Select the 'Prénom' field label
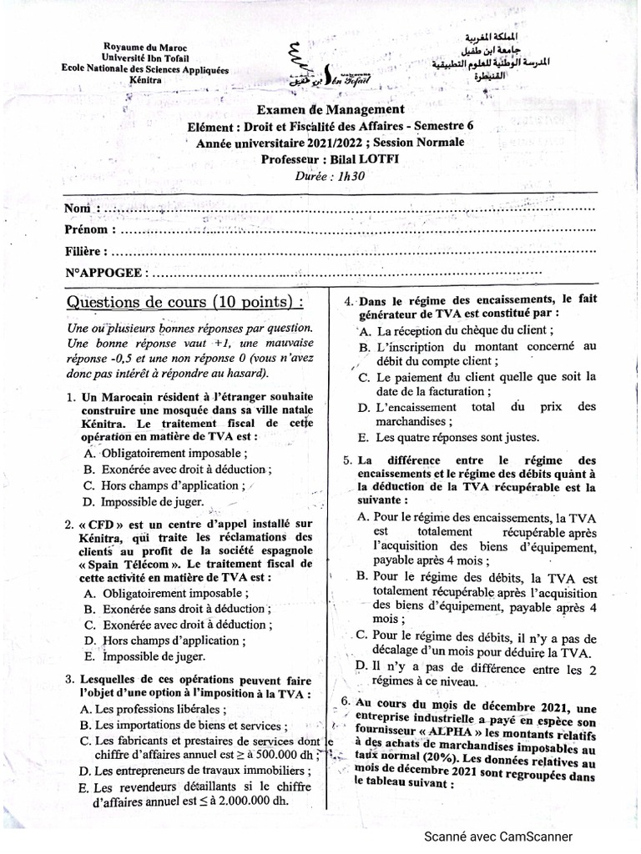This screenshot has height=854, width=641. (86, 229)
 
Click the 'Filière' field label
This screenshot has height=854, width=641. (84, 250)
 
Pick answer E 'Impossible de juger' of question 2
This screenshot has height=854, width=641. (153, 657)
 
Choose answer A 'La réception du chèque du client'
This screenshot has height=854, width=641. (456, 330)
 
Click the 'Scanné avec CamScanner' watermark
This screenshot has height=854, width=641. (498, 836)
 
